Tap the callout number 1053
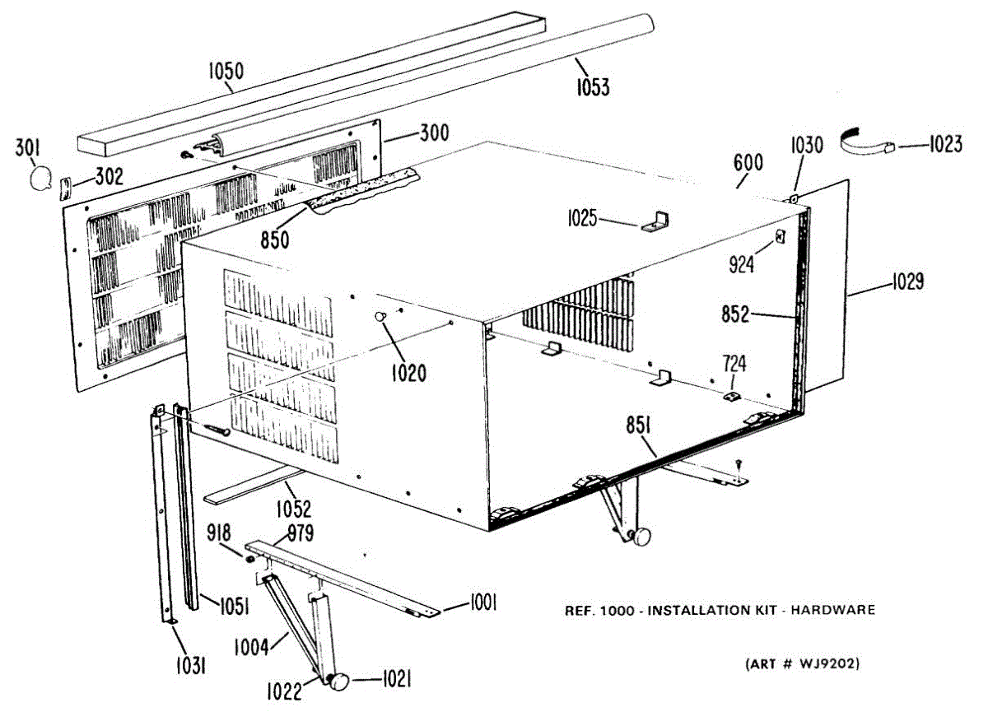[x=593, y=86]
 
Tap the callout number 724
[x=734, y=362]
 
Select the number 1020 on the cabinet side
[x=409, y=373]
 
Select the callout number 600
[x=748, y=162]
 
